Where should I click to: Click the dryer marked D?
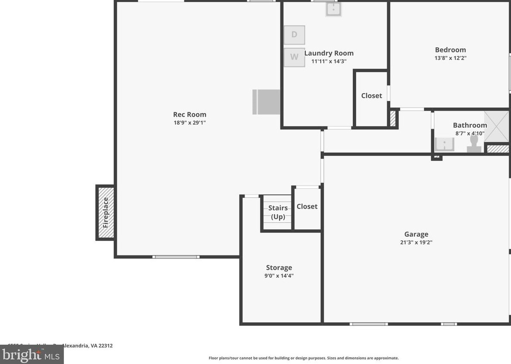click(294, 35)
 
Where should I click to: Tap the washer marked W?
click(294, 57)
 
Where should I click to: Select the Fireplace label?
click(106, 212)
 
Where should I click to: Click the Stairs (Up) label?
click(278, 212)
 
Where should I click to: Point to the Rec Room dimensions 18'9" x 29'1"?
click(189, 123)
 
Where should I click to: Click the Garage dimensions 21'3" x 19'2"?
click(416, 242)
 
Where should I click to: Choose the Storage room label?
click(279, 267)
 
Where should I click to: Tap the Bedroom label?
click(450, 50)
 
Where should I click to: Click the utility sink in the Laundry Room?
click(334, 9)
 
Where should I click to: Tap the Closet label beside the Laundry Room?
click(371, 96)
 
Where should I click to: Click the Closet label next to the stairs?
click(307, 206)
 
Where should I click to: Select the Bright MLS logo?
click(31, 355)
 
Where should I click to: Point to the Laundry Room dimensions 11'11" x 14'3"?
click(329, 61)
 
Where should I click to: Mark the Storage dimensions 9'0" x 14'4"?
click(279, 275)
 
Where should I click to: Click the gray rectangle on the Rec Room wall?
click(266, 102)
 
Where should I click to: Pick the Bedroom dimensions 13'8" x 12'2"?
click(450, 58)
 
